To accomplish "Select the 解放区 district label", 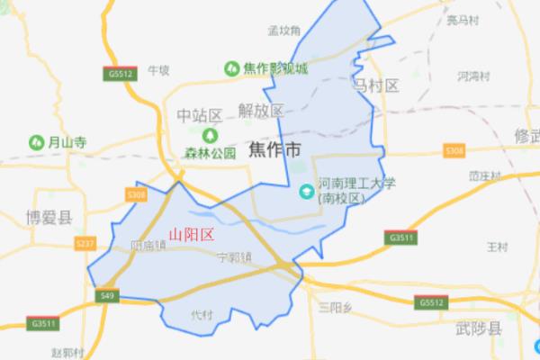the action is click(261, 111).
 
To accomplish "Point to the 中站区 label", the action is click(199, 115).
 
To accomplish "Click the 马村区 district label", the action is click(373, 85).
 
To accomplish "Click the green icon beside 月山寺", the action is click(36, 141).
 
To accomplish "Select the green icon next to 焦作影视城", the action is click(230, 67).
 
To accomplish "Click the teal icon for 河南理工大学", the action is click(306, 190).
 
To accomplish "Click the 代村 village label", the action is click(202, 315).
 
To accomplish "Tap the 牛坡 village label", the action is click(158, 68).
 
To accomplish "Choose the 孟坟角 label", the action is click(283, 29).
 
